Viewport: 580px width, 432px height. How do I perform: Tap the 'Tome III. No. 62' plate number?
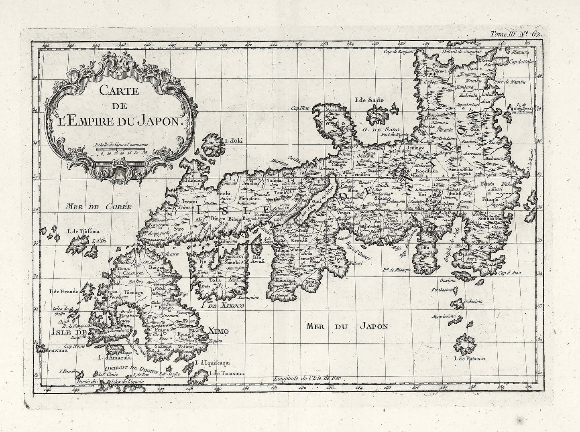pos(516,34)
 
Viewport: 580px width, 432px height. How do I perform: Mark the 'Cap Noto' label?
pos(301,107)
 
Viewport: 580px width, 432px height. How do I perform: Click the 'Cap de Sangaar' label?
pos(399,51)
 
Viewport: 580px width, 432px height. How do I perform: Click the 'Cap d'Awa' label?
pos(510,273)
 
